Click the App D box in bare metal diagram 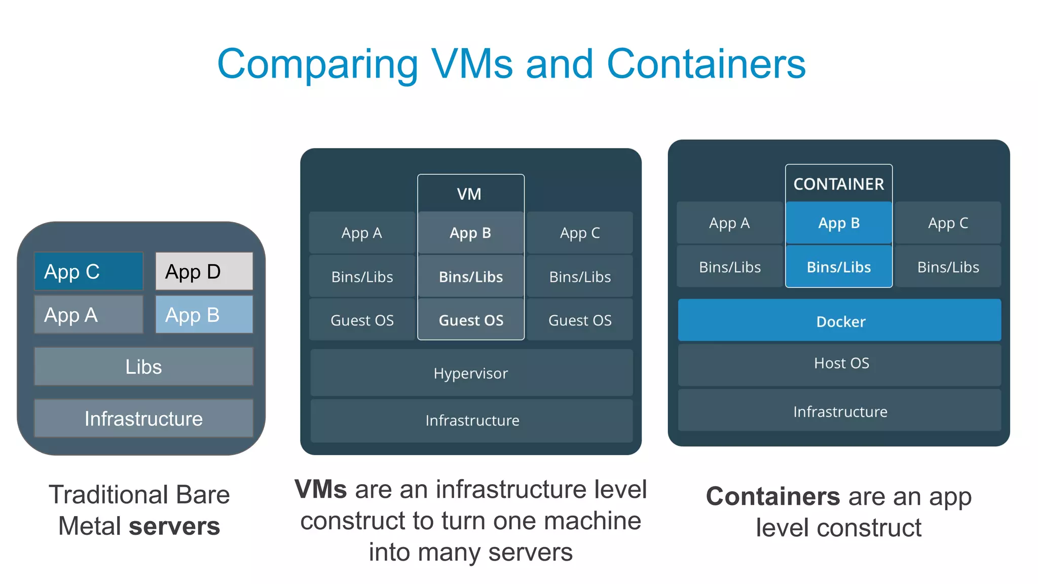click(204, 271)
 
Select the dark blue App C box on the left click(89, 271)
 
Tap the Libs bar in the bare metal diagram click(143, 367)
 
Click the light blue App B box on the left click(204, 315)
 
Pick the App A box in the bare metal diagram click(89, 315)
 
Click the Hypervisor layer click(471, 373)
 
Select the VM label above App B click(469, 194)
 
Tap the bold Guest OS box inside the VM click(471, 320)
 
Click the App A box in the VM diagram click(362, 233)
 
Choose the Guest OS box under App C click(580, 320)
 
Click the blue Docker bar click(840, 321)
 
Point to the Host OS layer click(840, 363)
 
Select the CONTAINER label click(838, 184)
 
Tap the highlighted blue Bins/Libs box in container click(839, 267)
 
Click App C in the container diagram click(948, 223)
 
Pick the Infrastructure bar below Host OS click(840, 411)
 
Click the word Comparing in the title click(317, 64)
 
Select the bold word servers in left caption click(174, 526)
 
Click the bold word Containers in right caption click(773, 496)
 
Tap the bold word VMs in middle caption click(321, 490)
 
